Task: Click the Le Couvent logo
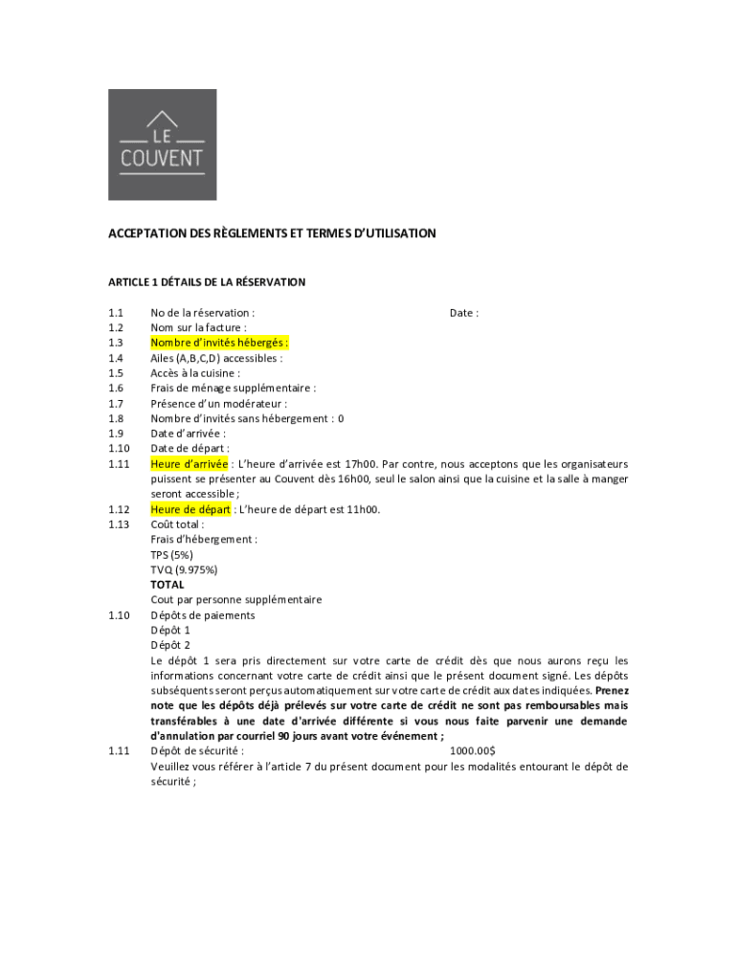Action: point(162,145)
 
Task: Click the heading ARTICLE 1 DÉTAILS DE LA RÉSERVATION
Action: point(207,282)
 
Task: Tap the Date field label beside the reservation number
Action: point(463,313)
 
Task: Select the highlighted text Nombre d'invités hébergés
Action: point(219,343)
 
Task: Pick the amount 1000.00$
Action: point(472,751)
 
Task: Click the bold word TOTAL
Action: point(167,585)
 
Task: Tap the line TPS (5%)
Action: point(171,555)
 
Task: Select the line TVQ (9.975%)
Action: point(183,569)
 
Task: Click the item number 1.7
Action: point(116,404)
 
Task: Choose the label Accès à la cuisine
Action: point(195,373)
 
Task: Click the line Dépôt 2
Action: point(170,645)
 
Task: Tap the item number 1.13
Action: point(119,524)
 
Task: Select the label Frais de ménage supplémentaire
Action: point(233,389)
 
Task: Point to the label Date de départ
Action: point(190,449)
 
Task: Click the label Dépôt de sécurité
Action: point(196,751)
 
